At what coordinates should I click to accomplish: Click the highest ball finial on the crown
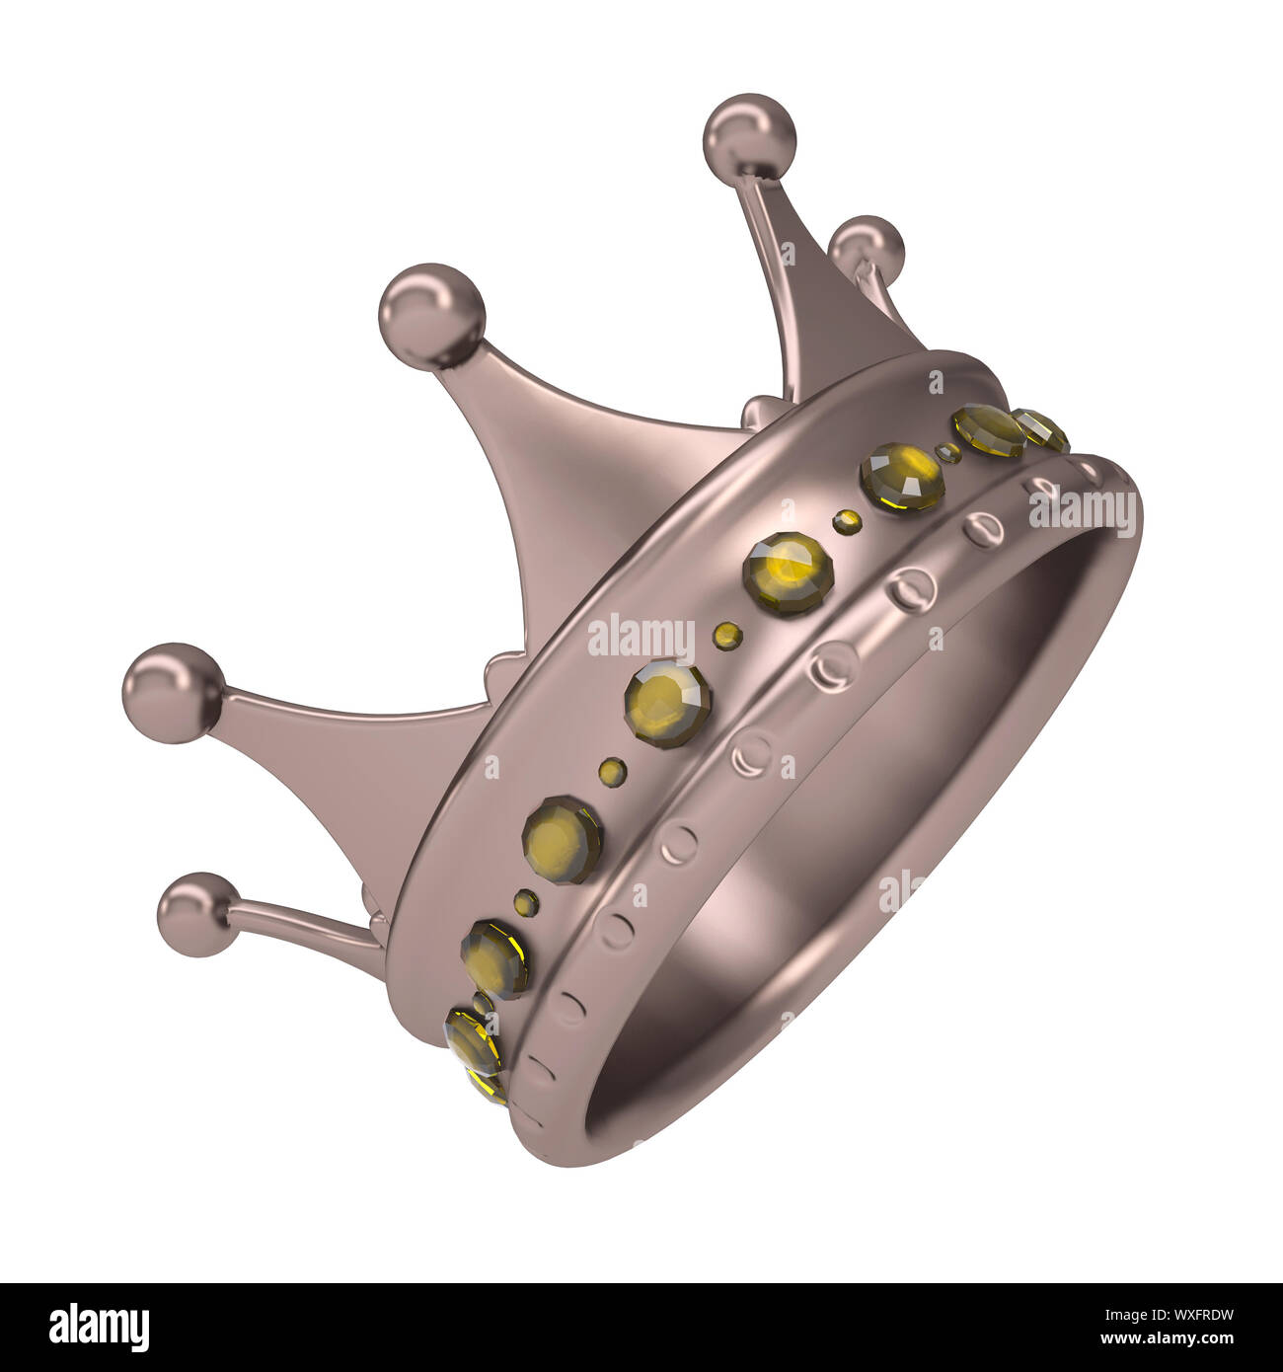[750, 139]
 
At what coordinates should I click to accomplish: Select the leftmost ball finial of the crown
[173, 693]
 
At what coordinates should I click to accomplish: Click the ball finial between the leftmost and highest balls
[432, 316]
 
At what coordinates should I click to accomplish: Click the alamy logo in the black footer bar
[100, 1328]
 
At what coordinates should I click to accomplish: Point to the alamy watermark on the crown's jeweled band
[641, 639]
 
